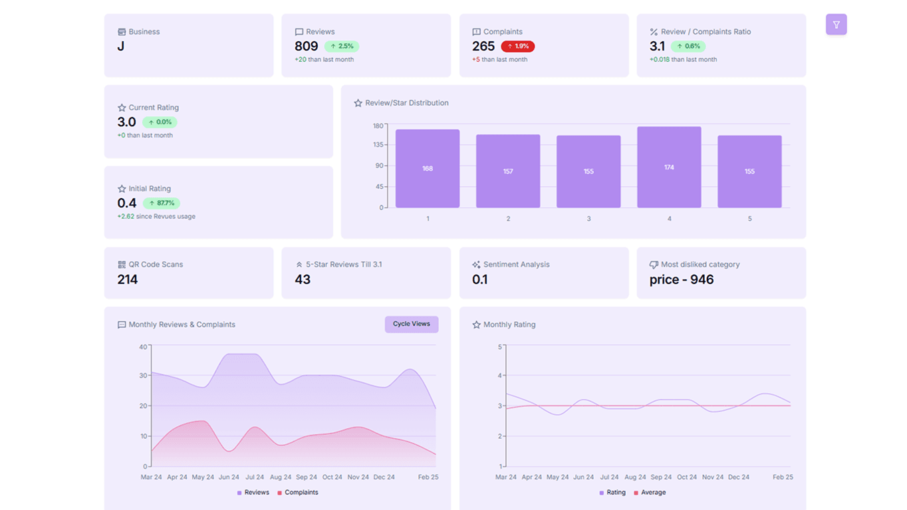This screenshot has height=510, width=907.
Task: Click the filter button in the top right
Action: [x=836, y=25]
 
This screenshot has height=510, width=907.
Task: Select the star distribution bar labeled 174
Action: [x=669, y=167]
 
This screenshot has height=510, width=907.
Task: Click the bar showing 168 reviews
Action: [x=428, y=168]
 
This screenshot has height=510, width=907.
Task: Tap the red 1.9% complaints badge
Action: [x=517, y=47]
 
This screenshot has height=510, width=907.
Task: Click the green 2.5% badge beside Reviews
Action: [x=342, y=47]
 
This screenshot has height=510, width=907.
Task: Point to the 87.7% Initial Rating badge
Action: [x=162, y=203]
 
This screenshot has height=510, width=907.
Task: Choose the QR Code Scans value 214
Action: [x=128, y=280]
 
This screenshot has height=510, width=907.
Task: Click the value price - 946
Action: [x=681, y=280]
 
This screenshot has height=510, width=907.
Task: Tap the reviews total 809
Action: [x=306, y=47]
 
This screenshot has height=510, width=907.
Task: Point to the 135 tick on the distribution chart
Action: [x=378, y=145]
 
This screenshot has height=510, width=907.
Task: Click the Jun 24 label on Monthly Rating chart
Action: [x=583, y=477]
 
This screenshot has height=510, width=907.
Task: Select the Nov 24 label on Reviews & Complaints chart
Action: [x=358, y=477]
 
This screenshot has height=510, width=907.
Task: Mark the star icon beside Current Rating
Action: [x=122, y=108]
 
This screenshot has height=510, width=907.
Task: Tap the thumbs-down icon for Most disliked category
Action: [x=654, y=265]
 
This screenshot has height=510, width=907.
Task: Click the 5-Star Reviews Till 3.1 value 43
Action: [x=303, y=280]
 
